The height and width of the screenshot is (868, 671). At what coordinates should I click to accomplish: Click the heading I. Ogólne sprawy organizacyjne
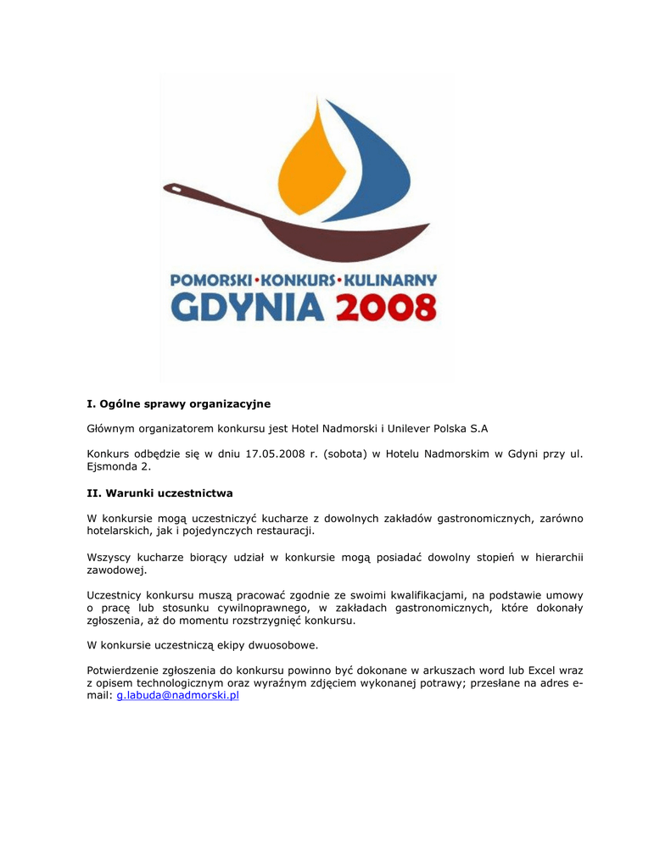[x=178, y=403]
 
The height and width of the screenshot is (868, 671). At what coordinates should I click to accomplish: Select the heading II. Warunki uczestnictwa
[x=159, y=492]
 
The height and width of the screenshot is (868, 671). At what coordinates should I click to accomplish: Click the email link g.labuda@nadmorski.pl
[x=177, y=695]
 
